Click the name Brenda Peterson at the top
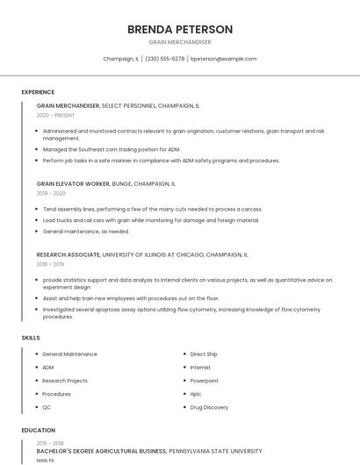pos(180,29)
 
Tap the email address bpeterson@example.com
pos(224,59)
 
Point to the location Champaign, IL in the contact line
pos(120,59)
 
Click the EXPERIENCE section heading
pos(38,92)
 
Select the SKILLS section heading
pos(31,338)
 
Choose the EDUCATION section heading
pos(38,431)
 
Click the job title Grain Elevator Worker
pos(73,184)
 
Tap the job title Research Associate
pos(68,254)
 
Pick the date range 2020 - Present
pos(56,115)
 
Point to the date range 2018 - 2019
pos(50,264)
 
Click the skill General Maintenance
pos(69,354)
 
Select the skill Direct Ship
pos(204,354)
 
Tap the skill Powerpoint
pos(205,381)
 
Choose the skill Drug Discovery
pos(209,407)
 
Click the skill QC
pos(47,407)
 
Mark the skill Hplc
pos(197,394)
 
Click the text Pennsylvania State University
pos(215,451)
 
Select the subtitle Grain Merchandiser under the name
pos(180,42)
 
